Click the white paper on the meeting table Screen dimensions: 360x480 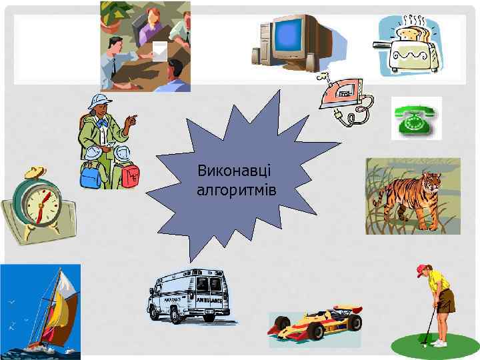click(160, 51)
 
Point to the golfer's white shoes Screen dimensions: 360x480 click(438, 343)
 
